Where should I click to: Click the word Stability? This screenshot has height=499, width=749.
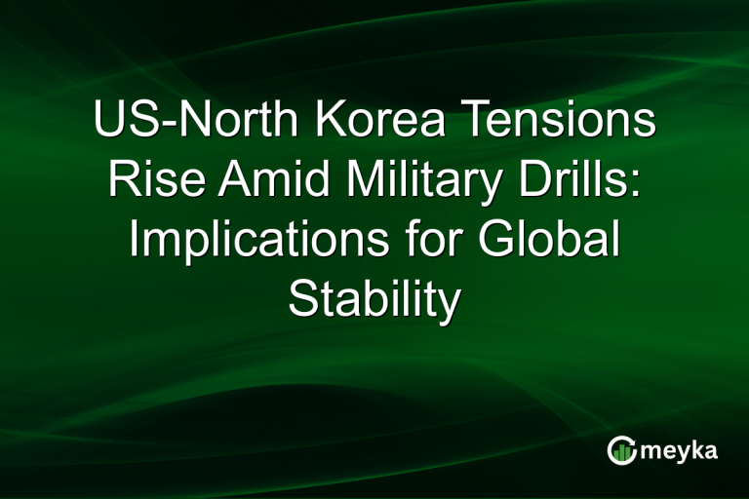(374, 300)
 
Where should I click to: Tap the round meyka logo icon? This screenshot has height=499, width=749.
(621, 449)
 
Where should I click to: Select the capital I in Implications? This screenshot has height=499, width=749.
(135, 241)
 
